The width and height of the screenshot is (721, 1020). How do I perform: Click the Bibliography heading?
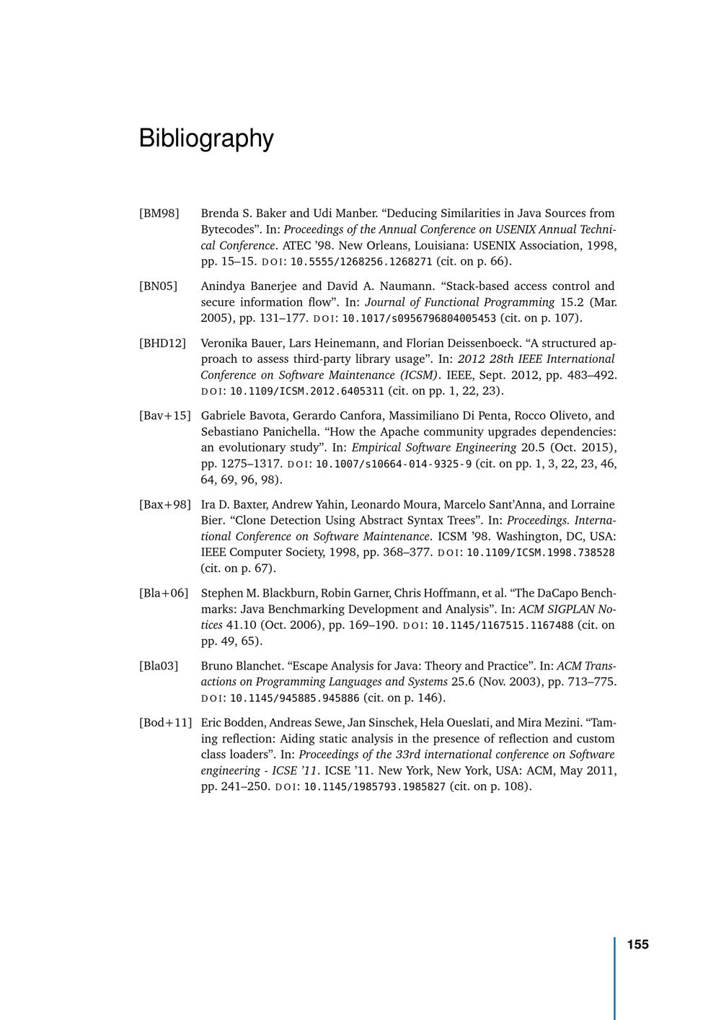coord(206,138)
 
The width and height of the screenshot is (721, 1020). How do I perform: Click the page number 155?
coord(637,945)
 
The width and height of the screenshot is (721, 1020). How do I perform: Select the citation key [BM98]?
coord(159,214)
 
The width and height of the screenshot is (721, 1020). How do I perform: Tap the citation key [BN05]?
coord(158,286)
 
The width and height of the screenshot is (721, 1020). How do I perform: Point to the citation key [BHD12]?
coord(162,343)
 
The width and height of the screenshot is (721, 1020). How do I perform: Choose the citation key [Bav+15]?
coord(164,416)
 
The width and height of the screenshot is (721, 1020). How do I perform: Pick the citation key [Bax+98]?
coord(164,505)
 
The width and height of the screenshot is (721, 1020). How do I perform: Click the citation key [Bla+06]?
coord(164,594)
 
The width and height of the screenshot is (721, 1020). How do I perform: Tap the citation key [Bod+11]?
coord(165,723)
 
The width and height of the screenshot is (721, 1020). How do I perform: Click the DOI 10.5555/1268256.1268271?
coord(361,262)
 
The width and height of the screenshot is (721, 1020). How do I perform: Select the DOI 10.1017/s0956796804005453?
coord(419,319)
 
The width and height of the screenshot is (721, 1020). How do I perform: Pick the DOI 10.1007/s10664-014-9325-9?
coord(394,464)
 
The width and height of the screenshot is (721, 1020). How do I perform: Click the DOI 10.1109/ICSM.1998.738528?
coord(541,553)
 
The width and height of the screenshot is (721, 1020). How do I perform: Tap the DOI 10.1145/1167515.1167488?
coord(503,625)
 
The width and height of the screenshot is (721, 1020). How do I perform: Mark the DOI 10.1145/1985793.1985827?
coord(375,787)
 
